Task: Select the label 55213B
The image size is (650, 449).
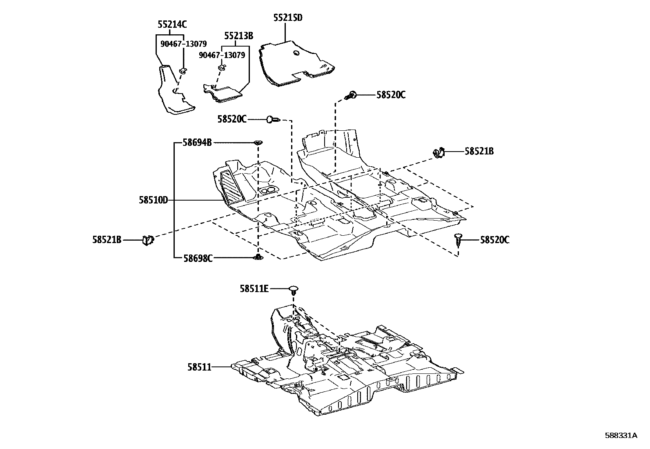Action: point(238,36)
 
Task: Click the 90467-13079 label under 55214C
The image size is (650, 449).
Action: point(183,44)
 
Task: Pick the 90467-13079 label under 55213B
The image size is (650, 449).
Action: point(222,55)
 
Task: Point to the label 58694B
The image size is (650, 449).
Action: point(197,143)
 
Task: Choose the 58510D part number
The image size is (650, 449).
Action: point(154,201)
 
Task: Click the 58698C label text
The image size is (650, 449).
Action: point(198,258)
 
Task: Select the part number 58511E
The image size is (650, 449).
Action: point(254,289)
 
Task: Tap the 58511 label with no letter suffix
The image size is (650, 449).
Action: point(199,367)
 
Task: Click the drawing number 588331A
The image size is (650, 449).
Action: point(621,436)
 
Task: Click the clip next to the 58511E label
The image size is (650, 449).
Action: point(293,290)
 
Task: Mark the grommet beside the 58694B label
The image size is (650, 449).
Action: point(258,143)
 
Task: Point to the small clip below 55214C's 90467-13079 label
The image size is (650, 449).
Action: point(183,71)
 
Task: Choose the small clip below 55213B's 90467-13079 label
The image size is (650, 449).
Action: point(222,66)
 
